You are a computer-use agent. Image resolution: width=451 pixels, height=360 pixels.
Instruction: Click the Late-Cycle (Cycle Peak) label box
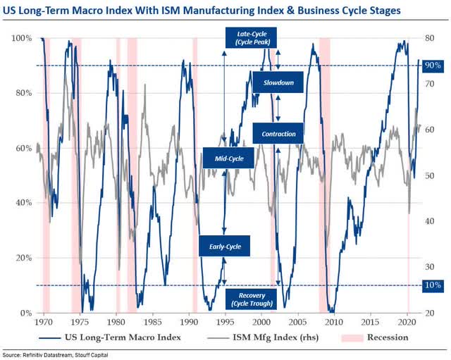click(251, 38)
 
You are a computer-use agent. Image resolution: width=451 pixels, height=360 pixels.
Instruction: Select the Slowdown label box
click(278, 82)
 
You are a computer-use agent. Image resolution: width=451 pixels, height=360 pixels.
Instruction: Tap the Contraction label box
click(278, 134)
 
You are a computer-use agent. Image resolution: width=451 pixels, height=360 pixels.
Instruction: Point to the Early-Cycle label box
click(225, 247)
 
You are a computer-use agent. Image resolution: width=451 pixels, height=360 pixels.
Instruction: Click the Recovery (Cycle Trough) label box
click(251, 298)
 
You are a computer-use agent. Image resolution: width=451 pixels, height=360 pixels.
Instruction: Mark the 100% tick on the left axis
click(20, 38)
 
